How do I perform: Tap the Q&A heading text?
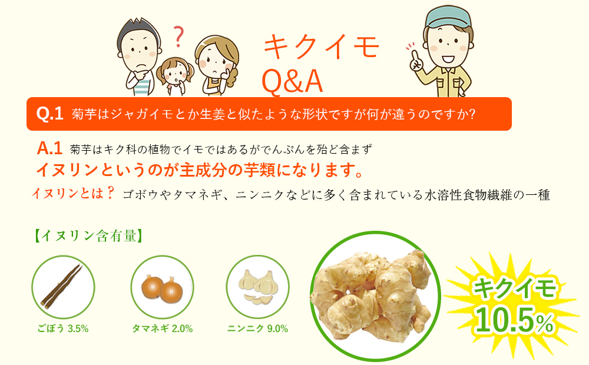(x=292, y=82)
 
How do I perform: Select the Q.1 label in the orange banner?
(x=49, y=114)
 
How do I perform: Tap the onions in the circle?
(x=162, y=287)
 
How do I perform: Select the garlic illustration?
(x=258, y=286)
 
